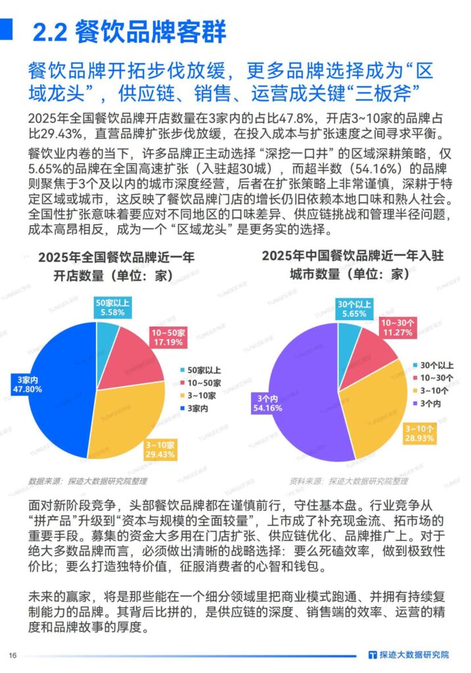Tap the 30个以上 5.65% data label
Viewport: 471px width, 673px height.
[354, 308]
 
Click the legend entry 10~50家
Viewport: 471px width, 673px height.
[204, 382]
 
